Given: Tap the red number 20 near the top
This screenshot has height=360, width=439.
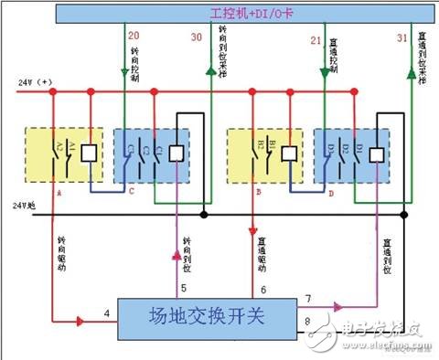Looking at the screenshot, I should coord(134,39).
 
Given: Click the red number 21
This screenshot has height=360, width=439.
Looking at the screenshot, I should coord(316,39).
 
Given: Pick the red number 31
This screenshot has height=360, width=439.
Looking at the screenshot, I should coord(402,37).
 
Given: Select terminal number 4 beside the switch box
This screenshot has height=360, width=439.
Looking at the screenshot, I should coord(106,314).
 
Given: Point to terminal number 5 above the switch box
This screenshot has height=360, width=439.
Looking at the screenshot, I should coord(183,289).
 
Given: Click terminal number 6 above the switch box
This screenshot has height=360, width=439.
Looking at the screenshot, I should coord(263,289).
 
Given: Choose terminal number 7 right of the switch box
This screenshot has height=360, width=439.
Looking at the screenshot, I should coord(308,300).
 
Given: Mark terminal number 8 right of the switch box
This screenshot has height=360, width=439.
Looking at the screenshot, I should coord(308,321).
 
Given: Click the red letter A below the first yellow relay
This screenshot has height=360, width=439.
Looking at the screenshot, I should coord(57,194).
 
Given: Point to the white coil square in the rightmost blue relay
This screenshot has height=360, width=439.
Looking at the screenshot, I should coord(377,154).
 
